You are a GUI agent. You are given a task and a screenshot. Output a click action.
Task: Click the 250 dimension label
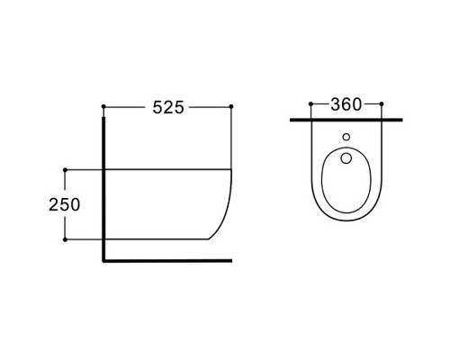point(64,204)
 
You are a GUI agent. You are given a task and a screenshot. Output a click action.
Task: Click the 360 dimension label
point(346,104)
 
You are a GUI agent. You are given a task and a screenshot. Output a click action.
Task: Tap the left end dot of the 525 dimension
point(104,107)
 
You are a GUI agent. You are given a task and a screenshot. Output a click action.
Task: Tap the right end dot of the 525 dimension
point(232,107)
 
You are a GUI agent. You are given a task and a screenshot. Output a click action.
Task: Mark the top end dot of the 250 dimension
point(66,168)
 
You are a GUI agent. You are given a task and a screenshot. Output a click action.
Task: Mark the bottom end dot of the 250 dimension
point(66,239)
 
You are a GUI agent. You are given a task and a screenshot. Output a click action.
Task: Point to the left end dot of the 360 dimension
point(310,105)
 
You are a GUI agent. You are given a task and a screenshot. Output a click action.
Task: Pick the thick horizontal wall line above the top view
point(346,119)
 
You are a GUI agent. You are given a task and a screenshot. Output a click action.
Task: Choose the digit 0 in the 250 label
point(75,204)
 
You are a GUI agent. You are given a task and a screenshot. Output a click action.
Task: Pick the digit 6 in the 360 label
point(346,104)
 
